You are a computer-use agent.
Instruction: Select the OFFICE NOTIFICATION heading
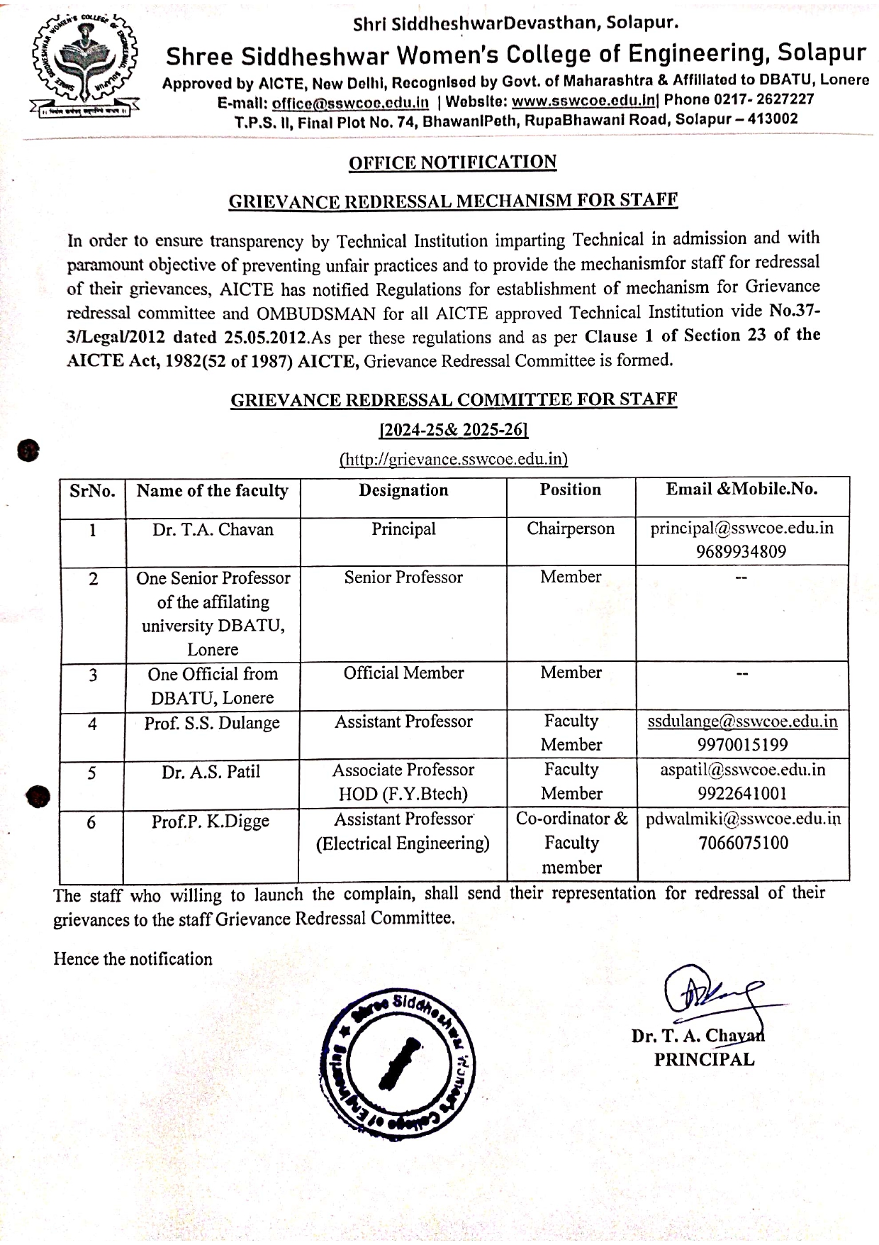pyautogui.click(x=452, y=162)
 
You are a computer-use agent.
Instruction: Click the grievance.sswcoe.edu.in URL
pyautogui.click(x=454, y=459)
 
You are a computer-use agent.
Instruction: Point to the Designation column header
pyautogui.click(x=403, y=490)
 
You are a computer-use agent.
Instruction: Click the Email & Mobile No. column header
pyautogui.click(x=741, y=489)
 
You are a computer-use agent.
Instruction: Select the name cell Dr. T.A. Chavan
pyautogui.click(x=213, y=529)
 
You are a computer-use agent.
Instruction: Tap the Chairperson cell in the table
pyautogui.click(x=571, y=529)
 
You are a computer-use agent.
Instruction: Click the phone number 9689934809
pyautogui.click(x=741, y=552)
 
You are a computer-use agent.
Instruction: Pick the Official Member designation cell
pyautogui.click(x=403, y=673)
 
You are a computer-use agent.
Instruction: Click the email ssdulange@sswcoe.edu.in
pyautogui.click(x=742, y=721)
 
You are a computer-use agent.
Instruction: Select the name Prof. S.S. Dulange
pyautogui.click(x=212, y=723)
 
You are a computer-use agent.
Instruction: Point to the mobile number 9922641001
pyautogui.click(x=742, y=793)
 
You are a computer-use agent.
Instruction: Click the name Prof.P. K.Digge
pyautogui.click(x=211, y=821)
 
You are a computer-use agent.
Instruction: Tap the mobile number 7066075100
pyautogui.click(x=742, y=843)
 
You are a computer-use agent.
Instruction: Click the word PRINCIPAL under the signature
pyautogui.click(x=704, y=1059)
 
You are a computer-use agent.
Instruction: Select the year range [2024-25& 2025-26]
pyautogui.click(x=454, y=430)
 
